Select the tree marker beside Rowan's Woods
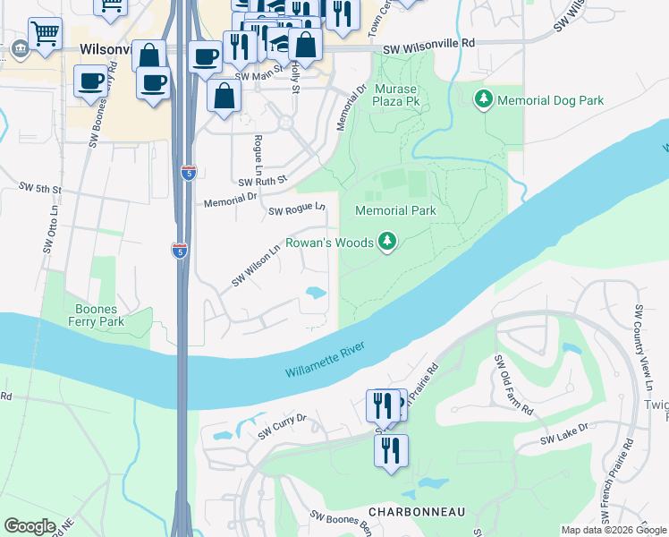coord(386,242)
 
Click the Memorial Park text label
coord(395,211)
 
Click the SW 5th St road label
coord(40,190)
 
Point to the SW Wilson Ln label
coord(257,266)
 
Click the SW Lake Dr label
coord(564,435)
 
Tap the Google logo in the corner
coord(30,526)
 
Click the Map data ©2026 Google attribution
coord(614,530)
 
